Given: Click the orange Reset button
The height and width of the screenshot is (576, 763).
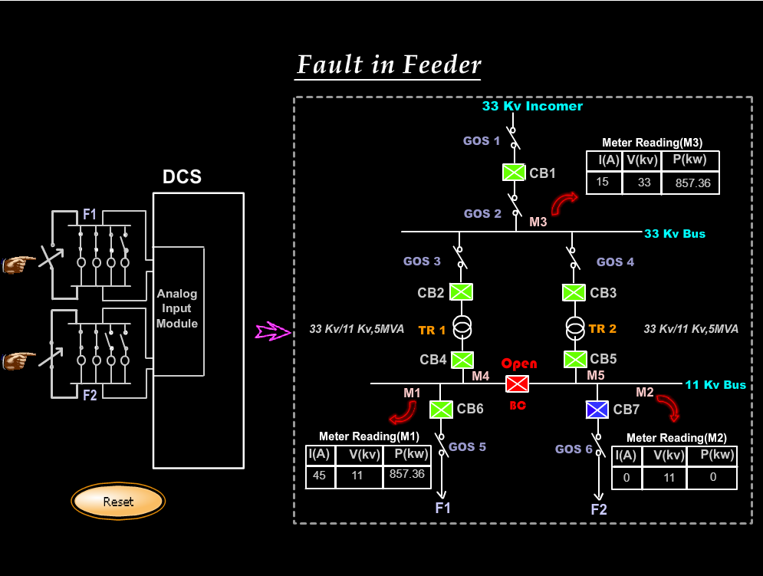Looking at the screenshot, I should tap(118, 502).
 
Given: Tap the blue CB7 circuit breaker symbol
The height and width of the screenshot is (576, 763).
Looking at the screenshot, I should tap(597, 410).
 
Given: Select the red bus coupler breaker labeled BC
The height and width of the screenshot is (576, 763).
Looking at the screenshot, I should tap(517, 383).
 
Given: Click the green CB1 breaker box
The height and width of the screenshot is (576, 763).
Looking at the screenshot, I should tap(514, 173).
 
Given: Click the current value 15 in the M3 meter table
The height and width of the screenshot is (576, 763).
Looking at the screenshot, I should tap(603, 183).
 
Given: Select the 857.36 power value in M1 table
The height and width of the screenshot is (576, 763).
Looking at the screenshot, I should tap(406, 475).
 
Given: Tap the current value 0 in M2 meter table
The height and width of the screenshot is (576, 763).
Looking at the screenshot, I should tap(626, 476).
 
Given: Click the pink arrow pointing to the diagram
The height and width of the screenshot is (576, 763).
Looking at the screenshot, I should tap(271, 331).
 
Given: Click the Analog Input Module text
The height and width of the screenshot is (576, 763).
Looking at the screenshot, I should tap(177, 308).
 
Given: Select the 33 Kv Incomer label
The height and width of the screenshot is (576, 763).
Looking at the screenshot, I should tap(532, 107).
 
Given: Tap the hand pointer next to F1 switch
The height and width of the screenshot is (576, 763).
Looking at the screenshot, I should tap(18, 264).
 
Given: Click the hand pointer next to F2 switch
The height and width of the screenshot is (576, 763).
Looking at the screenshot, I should tap(18, 358).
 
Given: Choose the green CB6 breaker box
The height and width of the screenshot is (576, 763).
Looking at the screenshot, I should tap(441, 409).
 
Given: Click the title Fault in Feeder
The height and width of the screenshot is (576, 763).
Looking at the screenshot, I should tap(389, 64).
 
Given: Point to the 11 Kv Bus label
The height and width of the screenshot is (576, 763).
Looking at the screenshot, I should tap(715, 385).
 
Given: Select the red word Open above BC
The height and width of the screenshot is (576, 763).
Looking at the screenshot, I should tap(519, 364).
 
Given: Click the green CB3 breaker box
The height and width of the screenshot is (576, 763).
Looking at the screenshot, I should tap(574, 292).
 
